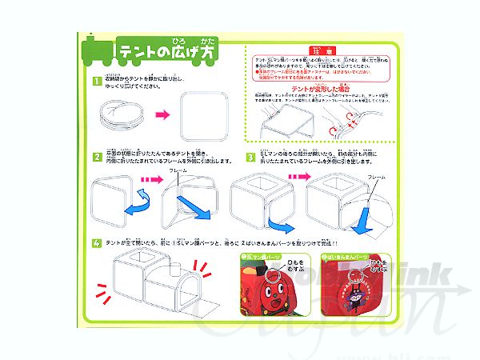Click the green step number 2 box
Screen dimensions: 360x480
pyautogui.click(x=96, y=157)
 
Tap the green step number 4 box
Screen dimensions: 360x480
pyautogui.click(x=96, y=242)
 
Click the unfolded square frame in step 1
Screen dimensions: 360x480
pyautogui.click(x=201, y=116)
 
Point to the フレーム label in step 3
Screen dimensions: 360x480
pyautogui.click(x=376, y=175)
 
